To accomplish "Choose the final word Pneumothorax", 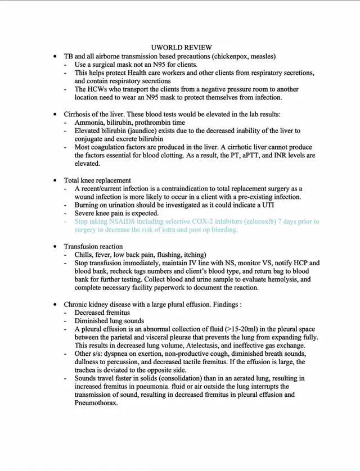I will pyautogui.click(x=96, y=403).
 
